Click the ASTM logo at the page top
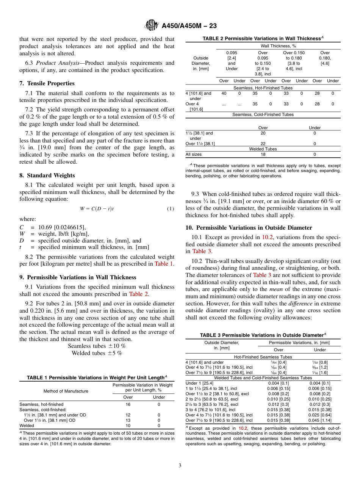pos(152,26)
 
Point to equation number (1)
pos(171,209)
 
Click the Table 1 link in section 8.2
pos(164,264)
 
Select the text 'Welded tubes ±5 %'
pos(97,353)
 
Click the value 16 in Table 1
pos(128,404)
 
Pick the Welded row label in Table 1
pos(27,426)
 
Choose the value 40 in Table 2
pos(224,93)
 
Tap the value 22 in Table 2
pos(263,144)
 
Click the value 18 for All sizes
pos(263,154)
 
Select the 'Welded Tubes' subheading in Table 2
pos(263,149)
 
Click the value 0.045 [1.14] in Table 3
pos(320,420)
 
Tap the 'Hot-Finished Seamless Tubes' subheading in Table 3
pos(263,357)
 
